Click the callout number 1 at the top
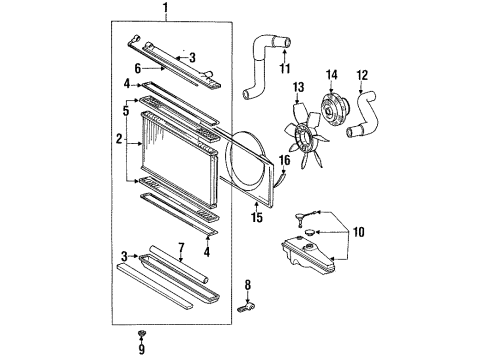[x=165, y=8]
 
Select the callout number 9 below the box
[x=142, y=349]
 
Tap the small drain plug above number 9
[x=142, y=333]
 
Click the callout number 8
[x=248, y=285]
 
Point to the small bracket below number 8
[x=247, y=307]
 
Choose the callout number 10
[x=359, y=232]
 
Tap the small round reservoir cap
[x=309, y=232]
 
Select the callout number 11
[x=285, y=68]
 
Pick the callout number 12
[x=362, y=76]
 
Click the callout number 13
[x=298, y=87]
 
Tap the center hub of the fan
[x=305, y=136]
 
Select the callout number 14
[x=332, y=75]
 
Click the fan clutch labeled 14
[x=334, y=111]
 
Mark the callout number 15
[x=257, y=218]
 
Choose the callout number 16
[x=284, y=160]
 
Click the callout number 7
[x=181, y=248]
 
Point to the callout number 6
[x=138, y=69]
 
